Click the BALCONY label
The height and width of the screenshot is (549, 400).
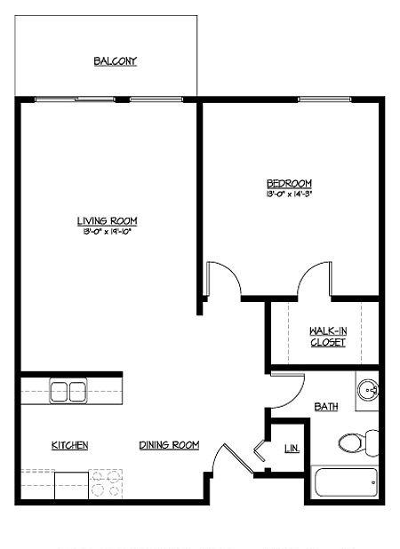[115, 61]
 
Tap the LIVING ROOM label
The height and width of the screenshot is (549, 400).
[107, 221]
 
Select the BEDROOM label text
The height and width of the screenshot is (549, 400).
[289, 184]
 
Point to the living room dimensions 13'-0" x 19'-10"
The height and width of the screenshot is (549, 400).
[107, 232]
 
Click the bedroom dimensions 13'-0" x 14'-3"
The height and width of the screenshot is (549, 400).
[289, 194]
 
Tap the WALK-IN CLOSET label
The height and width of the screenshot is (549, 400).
[328, 337]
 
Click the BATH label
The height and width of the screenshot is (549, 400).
[326, 407]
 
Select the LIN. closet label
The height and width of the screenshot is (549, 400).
[292, 448]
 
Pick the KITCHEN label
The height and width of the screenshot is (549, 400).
[69, 445]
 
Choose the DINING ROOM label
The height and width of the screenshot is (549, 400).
[169, 445]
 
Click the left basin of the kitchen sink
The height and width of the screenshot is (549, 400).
[59, 392]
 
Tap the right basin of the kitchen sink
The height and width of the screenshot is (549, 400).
[77, 392]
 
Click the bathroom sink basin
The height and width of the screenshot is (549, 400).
[368, 391]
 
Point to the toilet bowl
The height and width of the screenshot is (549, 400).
[350, 442]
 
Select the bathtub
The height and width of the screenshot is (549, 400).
[345, 482]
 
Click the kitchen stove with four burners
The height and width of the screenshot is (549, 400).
[106, 484]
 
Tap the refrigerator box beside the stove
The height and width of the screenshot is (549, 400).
[71, 486]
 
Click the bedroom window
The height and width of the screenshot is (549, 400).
[324, 99]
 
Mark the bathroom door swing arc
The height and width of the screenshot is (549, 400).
[293, 397]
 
